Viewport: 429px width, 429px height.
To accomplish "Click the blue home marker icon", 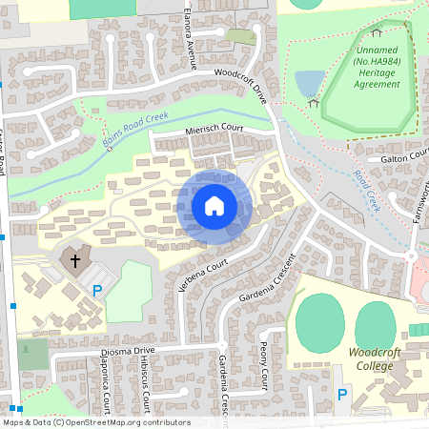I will (214, 205).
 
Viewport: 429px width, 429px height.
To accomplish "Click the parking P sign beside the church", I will (95, 290).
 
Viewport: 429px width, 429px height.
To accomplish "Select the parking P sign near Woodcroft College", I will (341, 396).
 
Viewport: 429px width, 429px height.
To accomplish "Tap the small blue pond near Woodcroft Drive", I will (307, 84).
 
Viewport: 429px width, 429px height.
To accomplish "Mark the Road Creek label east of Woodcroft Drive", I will (367, 191).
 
